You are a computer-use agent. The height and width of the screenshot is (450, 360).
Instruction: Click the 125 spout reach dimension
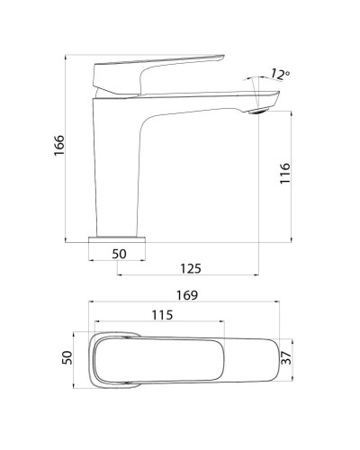click(189, 268)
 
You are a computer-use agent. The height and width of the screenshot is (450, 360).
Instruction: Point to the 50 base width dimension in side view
click(120, 255)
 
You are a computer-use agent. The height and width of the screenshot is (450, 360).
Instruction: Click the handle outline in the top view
click(162, 359)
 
